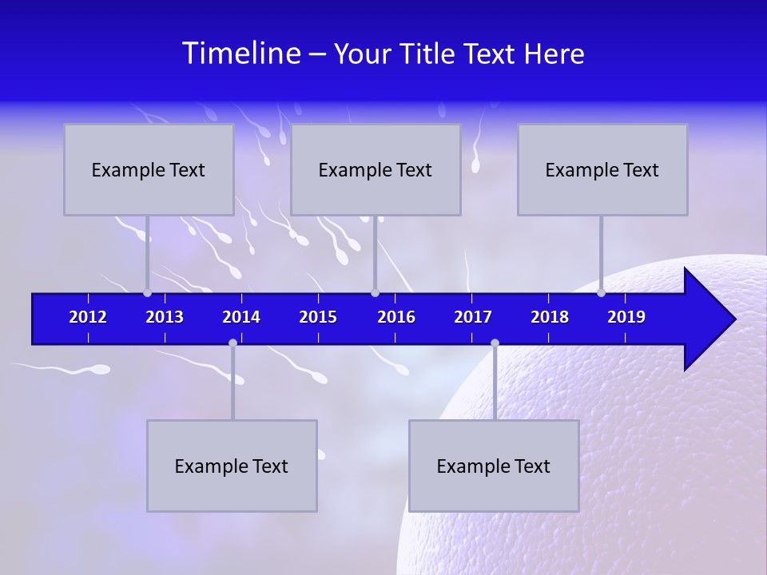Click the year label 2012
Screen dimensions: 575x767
coord(88,317)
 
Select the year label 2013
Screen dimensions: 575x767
coord(165,317)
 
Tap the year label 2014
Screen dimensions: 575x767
coord(241,317)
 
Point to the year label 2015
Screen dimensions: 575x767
coord(318,317)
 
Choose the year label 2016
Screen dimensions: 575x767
coord(396,317)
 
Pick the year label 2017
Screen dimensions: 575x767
coord(473,317)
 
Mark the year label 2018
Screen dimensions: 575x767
coord(550,317)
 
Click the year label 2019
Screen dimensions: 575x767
coord(626,317)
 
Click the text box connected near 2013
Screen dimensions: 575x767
coord(149,169)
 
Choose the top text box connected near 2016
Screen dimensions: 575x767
coord(376,169)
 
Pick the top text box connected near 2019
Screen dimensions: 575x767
coord(602,169)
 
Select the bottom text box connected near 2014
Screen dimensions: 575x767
coord(232,466)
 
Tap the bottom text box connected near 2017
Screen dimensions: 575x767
coord(494,466)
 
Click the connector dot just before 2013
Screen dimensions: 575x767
coord(148,293)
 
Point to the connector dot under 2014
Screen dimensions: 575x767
coord(232,343)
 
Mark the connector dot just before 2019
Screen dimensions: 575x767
coord(601,293)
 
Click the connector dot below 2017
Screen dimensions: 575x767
coord(495,343)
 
